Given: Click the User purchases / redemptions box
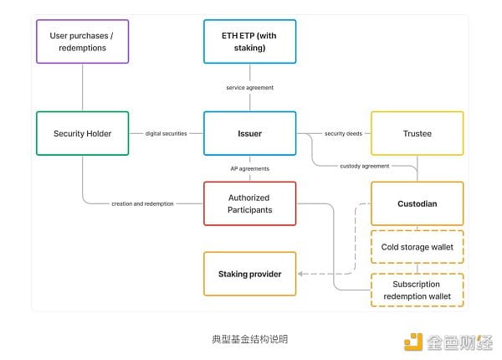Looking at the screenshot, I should [82, 42].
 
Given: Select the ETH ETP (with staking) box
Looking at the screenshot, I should [249, 42].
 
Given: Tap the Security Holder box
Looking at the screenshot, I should [82, 133].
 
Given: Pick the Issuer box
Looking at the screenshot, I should [249, 133].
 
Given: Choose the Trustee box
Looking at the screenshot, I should [416, 133].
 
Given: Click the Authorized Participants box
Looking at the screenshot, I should [249, 203].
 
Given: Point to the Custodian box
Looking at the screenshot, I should [416, 203].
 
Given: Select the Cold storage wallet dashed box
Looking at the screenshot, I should [416, 247].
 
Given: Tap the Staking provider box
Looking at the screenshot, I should [249, 274].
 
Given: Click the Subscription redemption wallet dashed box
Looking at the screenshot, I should [416, 290].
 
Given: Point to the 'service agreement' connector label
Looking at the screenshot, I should [249, 88].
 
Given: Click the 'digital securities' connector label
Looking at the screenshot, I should [166, 133].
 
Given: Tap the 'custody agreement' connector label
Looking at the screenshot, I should [365, 166].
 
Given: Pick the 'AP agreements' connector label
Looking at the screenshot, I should [249, 168].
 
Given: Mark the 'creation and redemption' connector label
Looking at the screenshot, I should [142, 203].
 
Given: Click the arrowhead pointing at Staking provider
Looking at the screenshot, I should [302, 274].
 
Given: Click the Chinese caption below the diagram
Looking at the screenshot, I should [249, 339].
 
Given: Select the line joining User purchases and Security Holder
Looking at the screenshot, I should [82, 88].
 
